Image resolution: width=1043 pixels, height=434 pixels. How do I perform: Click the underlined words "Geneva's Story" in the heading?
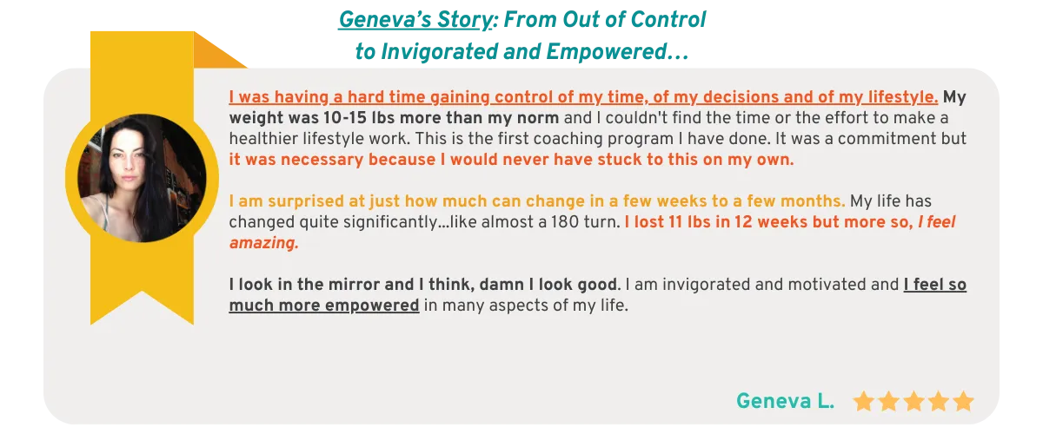[415, 21]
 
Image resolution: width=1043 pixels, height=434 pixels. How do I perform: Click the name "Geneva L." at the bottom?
[785, 401]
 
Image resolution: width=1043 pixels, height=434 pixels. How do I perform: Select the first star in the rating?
[864, 401]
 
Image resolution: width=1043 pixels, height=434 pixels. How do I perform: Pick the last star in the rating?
[963, 401]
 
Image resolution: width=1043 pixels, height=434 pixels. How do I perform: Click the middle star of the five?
[913, 401]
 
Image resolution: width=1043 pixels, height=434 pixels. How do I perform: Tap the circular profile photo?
[142, 178]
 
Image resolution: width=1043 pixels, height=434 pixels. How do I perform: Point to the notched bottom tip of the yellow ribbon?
[142, 293]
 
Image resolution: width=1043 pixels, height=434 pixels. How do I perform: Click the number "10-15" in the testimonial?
[344, 118]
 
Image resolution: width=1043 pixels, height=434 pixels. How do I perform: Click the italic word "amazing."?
[264, 243]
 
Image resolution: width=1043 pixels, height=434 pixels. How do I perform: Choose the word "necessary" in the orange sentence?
[322, 160]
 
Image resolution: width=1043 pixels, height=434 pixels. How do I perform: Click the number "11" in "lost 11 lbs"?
[675, 222]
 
